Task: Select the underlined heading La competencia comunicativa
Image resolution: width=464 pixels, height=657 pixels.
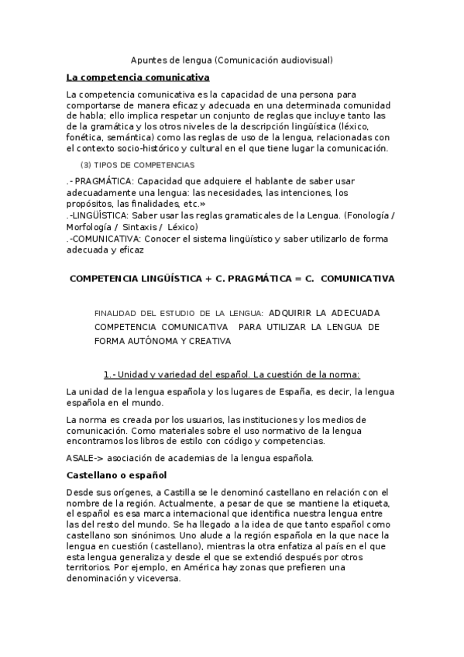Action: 138,77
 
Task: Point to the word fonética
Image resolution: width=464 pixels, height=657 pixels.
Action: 86,137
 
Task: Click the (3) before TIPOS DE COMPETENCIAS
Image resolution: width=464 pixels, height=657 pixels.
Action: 87,166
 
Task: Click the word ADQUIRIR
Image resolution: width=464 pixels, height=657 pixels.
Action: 290,312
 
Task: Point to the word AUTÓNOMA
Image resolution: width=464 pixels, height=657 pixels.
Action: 154,340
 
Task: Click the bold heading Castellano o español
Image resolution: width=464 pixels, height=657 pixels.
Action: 116,474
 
